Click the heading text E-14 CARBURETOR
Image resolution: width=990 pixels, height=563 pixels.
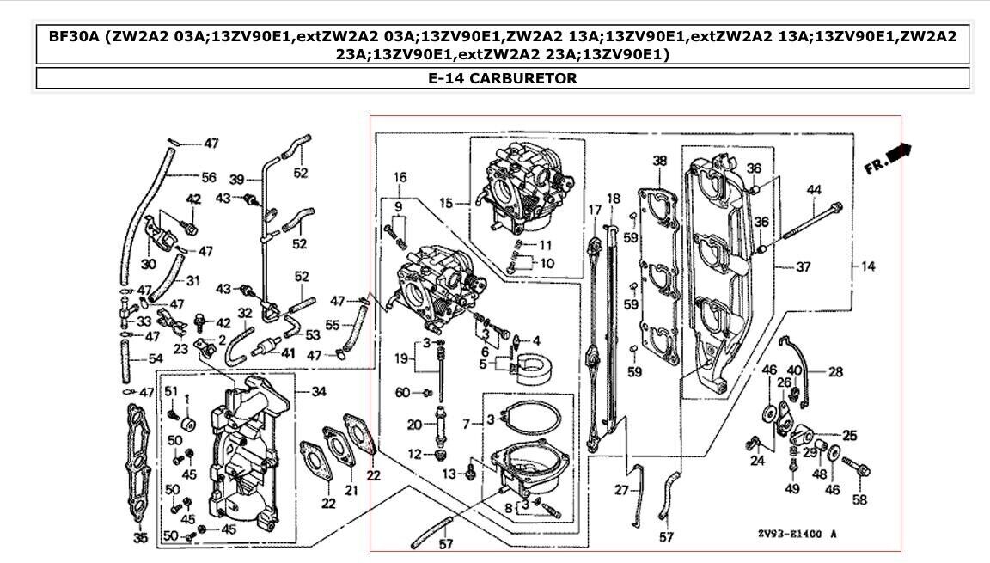point(502,78)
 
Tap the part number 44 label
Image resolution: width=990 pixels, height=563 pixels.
point(813,190)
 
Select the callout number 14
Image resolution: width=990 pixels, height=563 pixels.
point(868,267)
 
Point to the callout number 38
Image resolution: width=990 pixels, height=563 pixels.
point(659,161)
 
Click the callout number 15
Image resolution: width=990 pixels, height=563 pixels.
point(446,203)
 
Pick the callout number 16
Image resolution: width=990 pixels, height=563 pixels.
point(400,177)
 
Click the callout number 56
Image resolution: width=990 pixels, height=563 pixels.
point(209,177)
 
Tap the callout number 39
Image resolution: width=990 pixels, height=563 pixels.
point(238,179)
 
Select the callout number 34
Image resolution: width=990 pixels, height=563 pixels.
point(319,393)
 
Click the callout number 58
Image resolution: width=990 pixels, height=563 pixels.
point(859,499)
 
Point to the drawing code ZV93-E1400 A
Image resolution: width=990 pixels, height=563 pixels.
point(797,535)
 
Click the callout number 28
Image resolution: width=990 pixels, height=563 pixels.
point(835,372)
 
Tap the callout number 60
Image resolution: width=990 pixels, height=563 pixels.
point(402,393)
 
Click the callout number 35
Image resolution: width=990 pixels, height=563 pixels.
point(140,538)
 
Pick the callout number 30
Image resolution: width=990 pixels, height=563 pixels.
point(148,264)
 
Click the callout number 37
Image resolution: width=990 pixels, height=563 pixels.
point(803,267)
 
